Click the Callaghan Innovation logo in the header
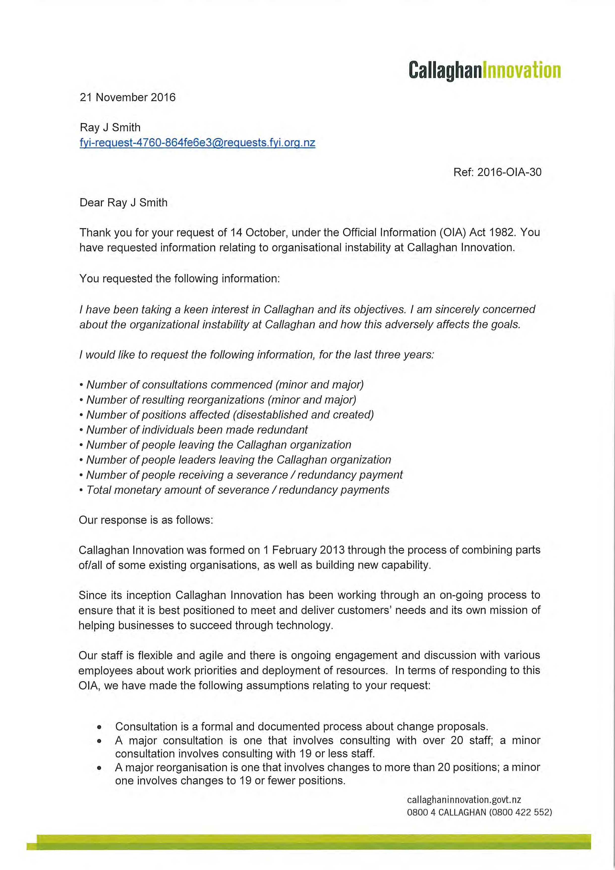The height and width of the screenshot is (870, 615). click(x=484, y=70)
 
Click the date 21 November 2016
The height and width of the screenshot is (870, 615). click(x=128, y=97)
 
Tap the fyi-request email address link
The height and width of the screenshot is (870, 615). click(x=197, y=143)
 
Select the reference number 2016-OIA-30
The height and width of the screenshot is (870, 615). click(x=509, y=172)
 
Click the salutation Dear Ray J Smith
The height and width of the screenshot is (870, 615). click(x=123, y=202)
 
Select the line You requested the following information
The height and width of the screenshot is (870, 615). click(x=179, y=279)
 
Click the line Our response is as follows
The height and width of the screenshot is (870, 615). click(x=146, y=520)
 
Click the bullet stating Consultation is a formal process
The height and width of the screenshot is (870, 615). click(x=301, y=726)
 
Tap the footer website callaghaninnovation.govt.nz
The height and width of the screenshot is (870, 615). click(x=464, y=800)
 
